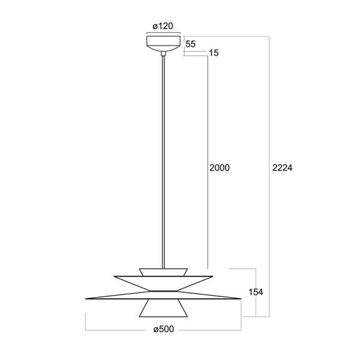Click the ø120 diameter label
163,26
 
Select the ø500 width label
164,329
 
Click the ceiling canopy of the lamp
163,43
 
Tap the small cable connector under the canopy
163,54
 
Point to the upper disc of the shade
163,283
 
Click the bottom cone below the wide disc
163,307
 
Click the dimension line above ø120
163,34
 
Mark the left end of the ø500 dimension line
86,329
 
